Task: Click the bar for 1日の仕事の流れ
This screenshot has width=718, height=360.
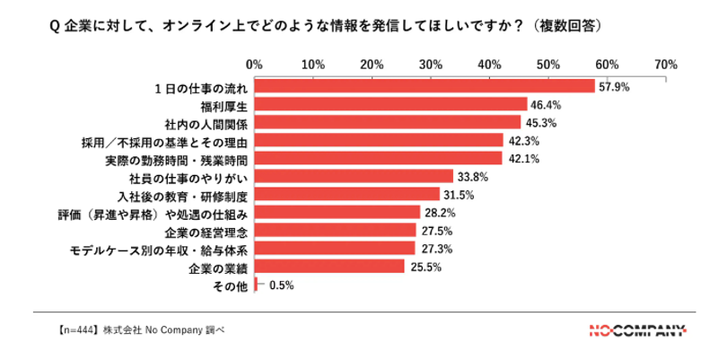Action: pyautogui.click(x=424, y=86)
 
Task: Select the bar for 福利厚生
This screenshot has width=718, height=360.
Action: pyautogui.click(x=390, y=104)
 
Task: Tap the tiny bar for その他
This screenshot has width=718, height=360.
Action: pyautogui.click(x=257, y=285)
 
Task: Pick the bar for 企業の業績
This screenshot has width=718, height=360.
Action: pyautogui.click(x=329, y=267)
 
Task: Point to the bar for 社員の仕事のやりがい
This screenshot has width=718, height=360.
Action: pyautogui.click(x=354, y=176)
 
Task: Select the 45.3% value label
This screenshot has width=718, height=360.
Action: pyautogui.click(x=540, y=123)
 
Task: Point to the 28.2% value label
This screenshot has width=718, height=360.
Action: pyautogui.click(x=440, y=214)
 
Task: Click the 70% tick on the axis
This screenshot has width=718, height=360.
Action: pyautogui.click(x=665, y=65)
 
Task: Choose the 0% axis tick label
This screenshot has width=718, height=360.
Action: pyautogui.click(x=254, y=65)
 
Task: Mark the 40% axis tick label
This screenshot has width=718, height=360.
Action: pyautogui.click(x=489, y=65)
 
